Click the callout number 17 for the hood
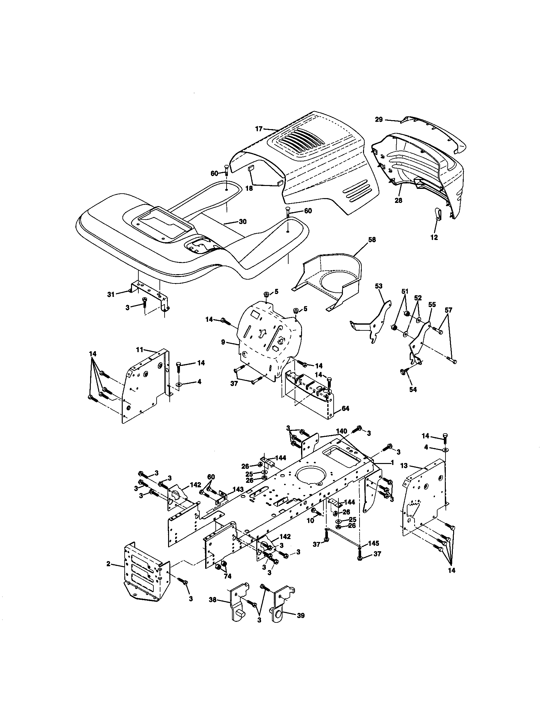(x=259, y=129)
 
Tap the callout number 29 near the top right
(x=379, y=120)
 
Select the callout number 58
(x=372, y=240)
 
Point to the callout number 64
(x=345, y=408)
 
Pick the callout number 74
(x=227, y=576)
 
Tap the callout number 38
(x=213, y=600)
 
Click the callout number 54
(x=413, y=390)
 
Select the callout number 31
(x=111, y=294)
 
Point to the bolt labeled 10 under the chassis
(x=315, y=511)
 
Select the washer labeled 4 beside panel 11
(x=179, y=385)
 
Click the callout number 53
(x=379, y=285)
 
